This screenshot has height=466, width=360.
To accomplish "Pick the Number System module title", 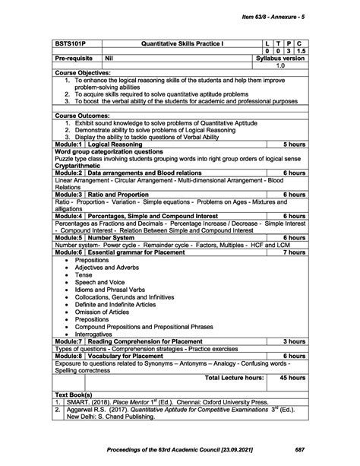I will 114,237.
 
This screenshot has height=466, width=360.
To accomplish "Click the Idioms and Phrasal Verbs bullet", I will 106,289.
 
